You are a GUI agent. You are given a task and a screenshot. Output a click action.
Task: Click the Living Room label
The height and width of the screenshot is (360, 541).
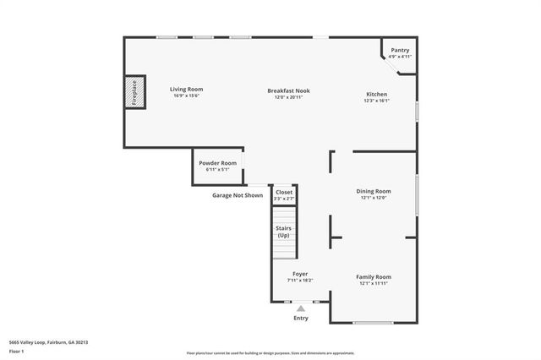(186, 89)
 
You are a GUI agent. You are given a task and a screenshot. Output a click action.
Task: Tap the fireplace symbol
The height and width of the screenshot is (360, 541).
(133, 94)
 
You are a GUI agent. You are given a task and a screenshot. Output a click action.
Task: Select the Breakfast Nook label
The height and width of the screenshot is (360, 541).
(287, 90)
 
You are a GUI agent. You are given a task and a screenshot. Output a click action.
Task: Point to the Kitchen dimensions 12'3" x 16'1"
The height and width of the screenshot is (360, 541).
(376, 101)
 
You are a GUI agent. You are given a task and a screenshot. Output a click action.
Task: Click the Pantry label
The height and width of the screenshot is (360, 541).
(400, 51)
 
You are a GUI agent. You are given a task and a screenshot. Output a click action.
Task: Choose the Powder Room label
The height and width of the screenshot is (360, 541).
(216, 163)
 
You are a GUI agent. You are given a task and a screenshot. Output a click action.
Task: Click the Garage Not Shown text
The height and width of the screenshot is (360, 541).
(237, 195)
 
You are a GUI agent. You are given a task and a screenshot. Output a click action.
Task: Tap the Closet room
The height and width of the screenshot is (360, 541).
(284, 193)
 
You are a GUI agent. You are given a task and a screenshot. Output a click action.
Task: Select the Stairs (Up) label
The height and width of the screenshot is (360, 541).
(284, 231)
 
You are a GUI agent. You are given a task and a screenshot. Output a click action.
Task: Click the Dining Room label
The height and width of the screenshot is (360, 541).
(373, 191)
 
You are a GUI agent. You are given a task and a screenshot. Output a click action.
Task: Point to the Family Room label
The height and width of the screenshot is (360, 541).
(373, 277)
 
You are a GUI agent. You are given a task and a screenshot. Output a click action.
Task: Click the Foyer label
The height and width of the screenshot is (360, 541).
(300, 274)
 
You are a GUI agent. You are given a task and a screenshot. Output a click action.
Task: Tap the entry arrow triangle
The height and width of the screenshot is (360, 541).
(300, 308)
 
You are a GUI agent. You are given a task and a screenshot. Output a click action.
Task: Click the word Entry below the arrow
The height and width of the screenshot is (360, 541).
(300, 319)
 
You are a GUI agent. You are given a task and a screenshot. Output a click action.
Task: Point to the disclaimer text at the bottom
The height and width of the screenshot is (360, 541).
(270, 353)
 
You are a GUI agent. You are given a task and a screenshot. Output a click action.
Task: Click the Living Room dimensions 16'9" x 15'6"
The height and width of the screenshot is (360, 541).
(186, 95)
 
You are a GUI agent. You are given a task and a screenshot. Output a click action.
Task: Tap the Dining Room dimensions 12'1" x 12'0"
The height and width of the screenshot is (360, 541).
(373, 198)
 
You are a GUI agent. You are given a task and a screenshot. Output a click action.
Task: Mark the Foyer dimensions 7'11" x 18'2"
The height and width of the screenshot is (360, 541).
(300, 281)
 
